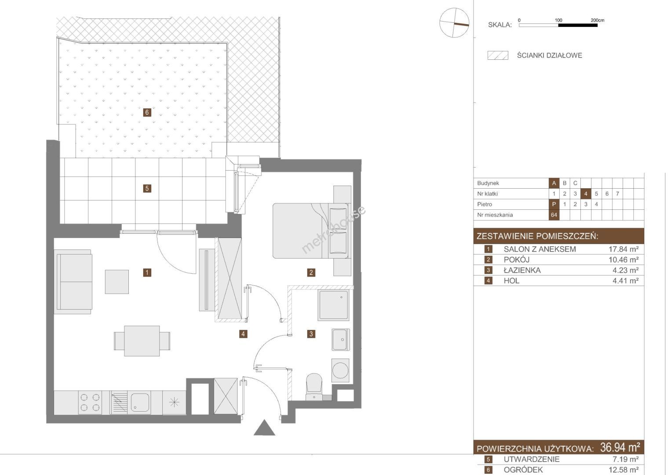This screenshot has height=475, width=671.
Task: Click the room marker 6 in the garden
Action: click(147, 113)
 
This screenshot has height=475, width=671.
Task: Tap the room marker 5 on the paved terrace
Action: click(147, 189)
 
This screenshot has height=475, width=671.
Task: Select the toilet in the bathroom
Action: click(314, 387)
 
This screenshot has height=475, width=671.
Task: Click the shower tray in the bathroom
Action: click(334, 305)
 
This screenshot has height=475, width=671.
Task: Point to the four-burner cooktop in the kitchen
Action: click(90, 402)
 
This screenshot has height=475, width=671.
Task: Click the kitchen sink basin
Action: click(140, 402)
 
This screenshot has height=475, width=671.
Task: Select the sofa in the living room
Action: click(73, 282)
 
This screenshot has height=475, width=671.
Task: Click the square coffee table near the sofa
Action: click(117, 282)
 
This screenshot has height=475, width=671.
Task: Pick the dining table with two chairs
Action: click(142, 341)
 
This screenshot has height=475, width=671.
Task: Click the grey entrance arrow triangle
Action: click(264, 427)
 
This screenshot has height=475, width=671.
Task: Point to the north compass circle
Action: click(454, 23)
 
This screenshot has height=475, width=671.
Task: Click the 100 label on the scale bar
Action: click(558, 20)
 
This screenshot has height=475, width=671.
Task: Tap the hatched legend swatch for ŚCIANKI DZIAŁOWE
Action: click(498, 55)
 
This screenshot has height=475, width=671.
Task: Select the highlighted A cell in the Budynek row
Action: click(554, 183)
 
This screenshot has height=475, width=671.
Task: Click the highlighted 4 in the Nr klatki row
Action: click(586, 194)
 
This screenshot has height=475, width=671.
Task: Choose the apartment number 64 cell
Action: click(554, 215)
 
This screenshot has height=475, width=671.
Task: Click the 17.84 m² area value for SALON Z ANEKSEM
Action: click(624, 249)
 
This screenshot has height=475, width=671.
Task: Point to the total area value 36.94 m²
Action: click(620, 448)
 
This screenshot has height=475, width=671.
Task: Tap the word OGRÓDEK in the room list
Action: click(523, 470)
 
